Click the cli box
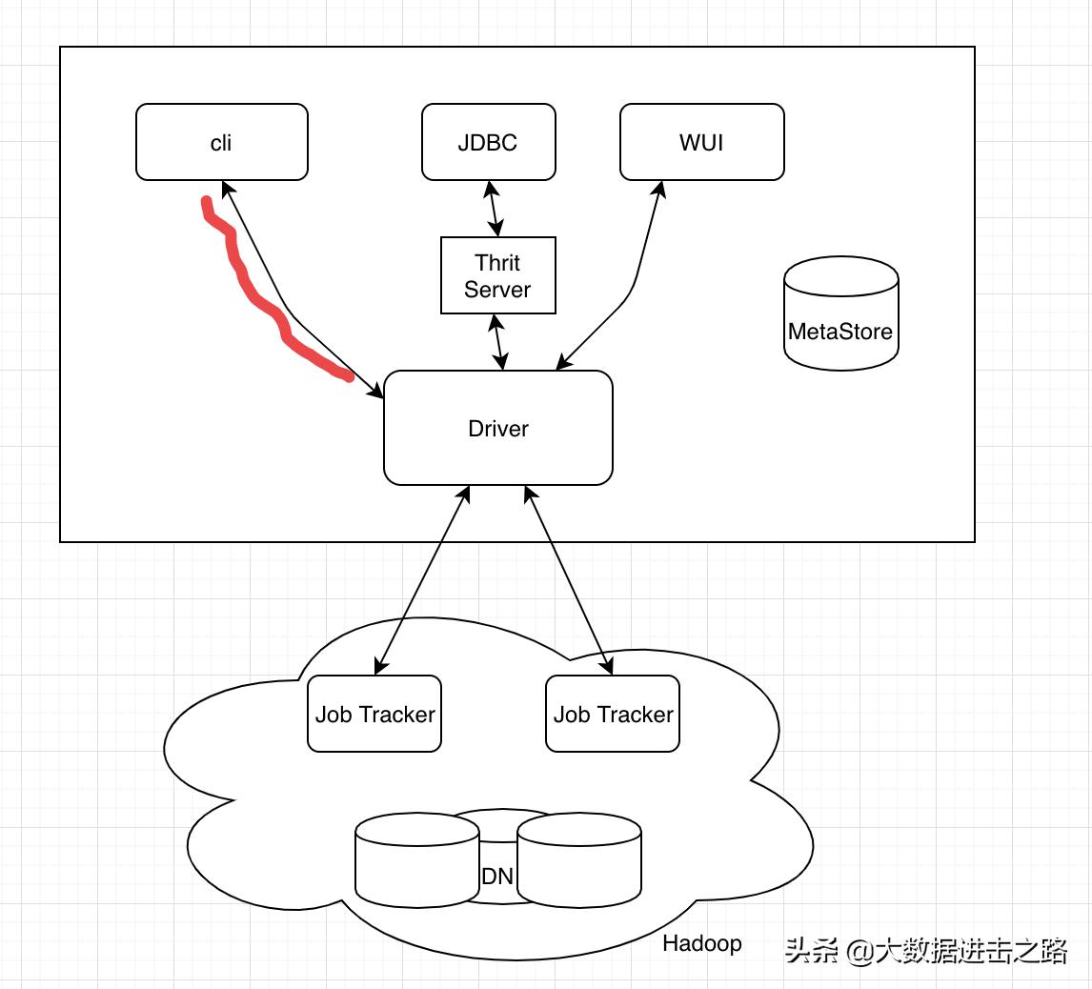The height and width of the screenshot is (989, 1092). click(x=221, y=142)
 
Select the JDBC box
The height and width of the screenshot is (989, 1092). click(x=488, y=142)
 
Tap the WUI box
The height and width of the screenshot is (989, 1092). click(x=701, y=142)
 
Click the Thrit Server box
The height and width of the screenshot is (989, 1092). click(x=497, y=275)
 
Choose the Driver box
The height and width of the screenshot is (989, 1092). click(x=497, y=428)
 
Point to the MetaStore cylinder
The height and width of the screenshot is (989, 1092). click(x=840, y=314)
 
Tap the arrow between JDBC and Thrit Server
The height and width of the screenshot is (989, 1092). click(x=494, y=209)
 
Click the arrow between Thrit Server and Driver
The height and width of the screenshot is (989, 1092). click(x=498, y=341)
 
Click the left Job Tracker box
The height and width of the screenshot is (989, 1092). click(x=374, y=714)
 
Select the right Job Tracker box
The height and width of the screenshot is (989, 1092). click(x=613, y=714)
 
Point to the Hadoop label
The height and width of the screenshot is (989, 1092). click(x=701, y=943)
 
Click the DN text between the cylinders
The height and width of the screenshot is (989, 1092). click(x=497, y=876)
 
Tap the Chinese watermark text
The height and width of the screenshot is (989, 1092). click(x=925, y=950)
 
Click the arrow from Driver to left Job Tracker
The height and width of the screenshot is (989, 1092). click(x=421, y=580)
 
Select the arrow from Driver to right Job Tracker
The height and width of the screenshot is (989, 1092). click(x=568, y=580)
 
